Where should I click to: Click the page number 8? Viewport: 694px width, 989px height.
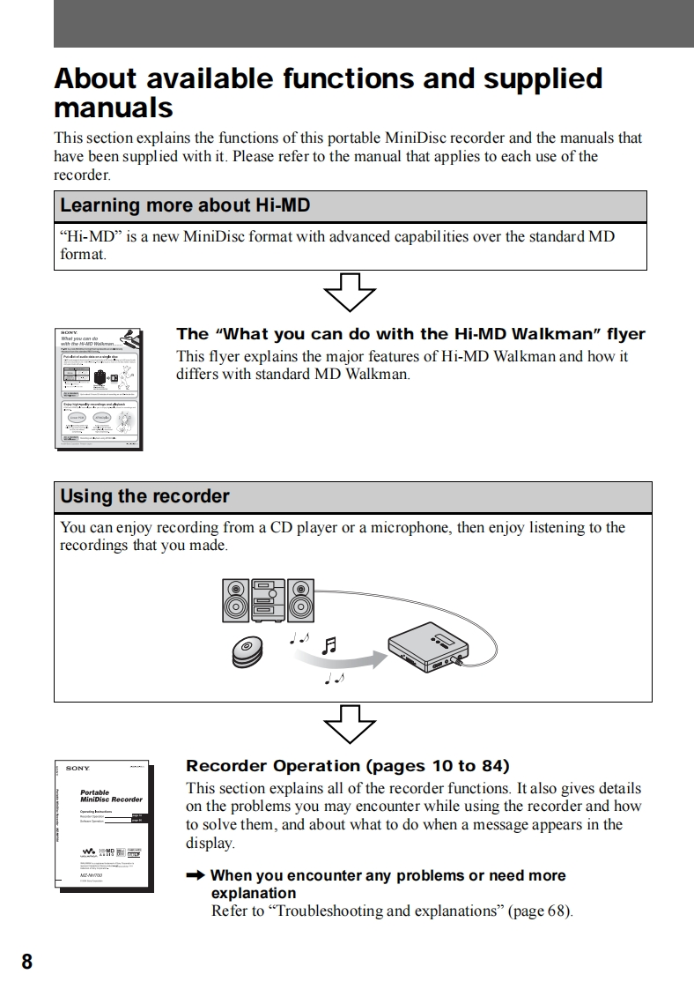click(x=26, y=961)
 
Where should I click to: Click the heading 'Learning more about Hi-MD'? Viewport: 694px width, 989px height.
click(x=184, y=206)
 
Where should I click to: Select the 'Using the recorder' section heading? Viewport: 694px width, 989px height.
click(x=144, y=496)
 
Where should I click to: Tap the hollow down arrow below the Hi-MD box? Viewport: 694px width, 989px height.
click(x=350, y=292)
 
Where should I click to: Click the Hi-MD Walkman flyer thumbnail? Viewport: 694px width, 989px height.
click(x=99, y=388)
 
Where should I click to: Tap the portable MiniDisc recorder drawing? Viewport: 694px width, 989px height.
click(x=428, y=648)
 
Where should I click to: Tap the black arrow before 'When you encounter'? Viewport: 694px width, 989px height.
click(x=196, y=875)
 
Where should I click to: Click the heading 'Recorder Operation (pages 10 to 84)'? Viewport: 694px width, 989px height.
click(x=348, y=765)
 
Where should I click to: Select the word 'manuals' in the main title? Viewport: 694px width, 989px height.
click(x=113, y=108)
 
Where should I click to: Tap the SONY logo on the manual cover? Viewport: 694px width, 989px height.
click(x=77, y=769)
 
